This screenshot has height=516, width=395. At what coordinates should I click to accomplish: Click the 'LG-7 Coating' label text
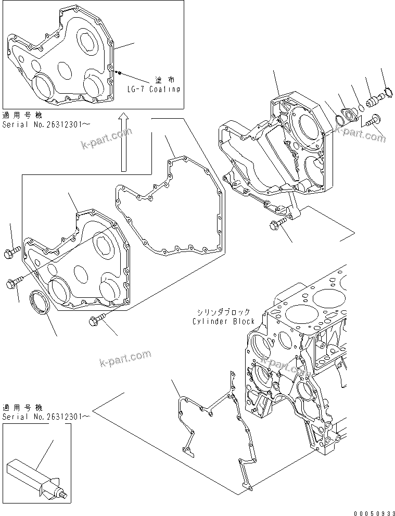(154, 89)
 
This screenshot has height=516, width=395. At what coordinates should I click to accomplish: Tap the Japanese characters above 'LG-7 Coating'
(164, 80)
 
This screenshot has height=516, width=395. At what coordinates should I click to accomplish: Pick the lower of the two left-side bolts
(14, 283)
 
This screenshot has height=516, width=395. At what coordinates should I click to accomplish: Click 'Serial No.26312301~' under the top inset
(46, 125)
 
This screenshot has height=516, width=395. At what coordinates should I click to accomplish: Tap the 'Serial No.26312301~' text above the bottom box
(46, 417)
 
